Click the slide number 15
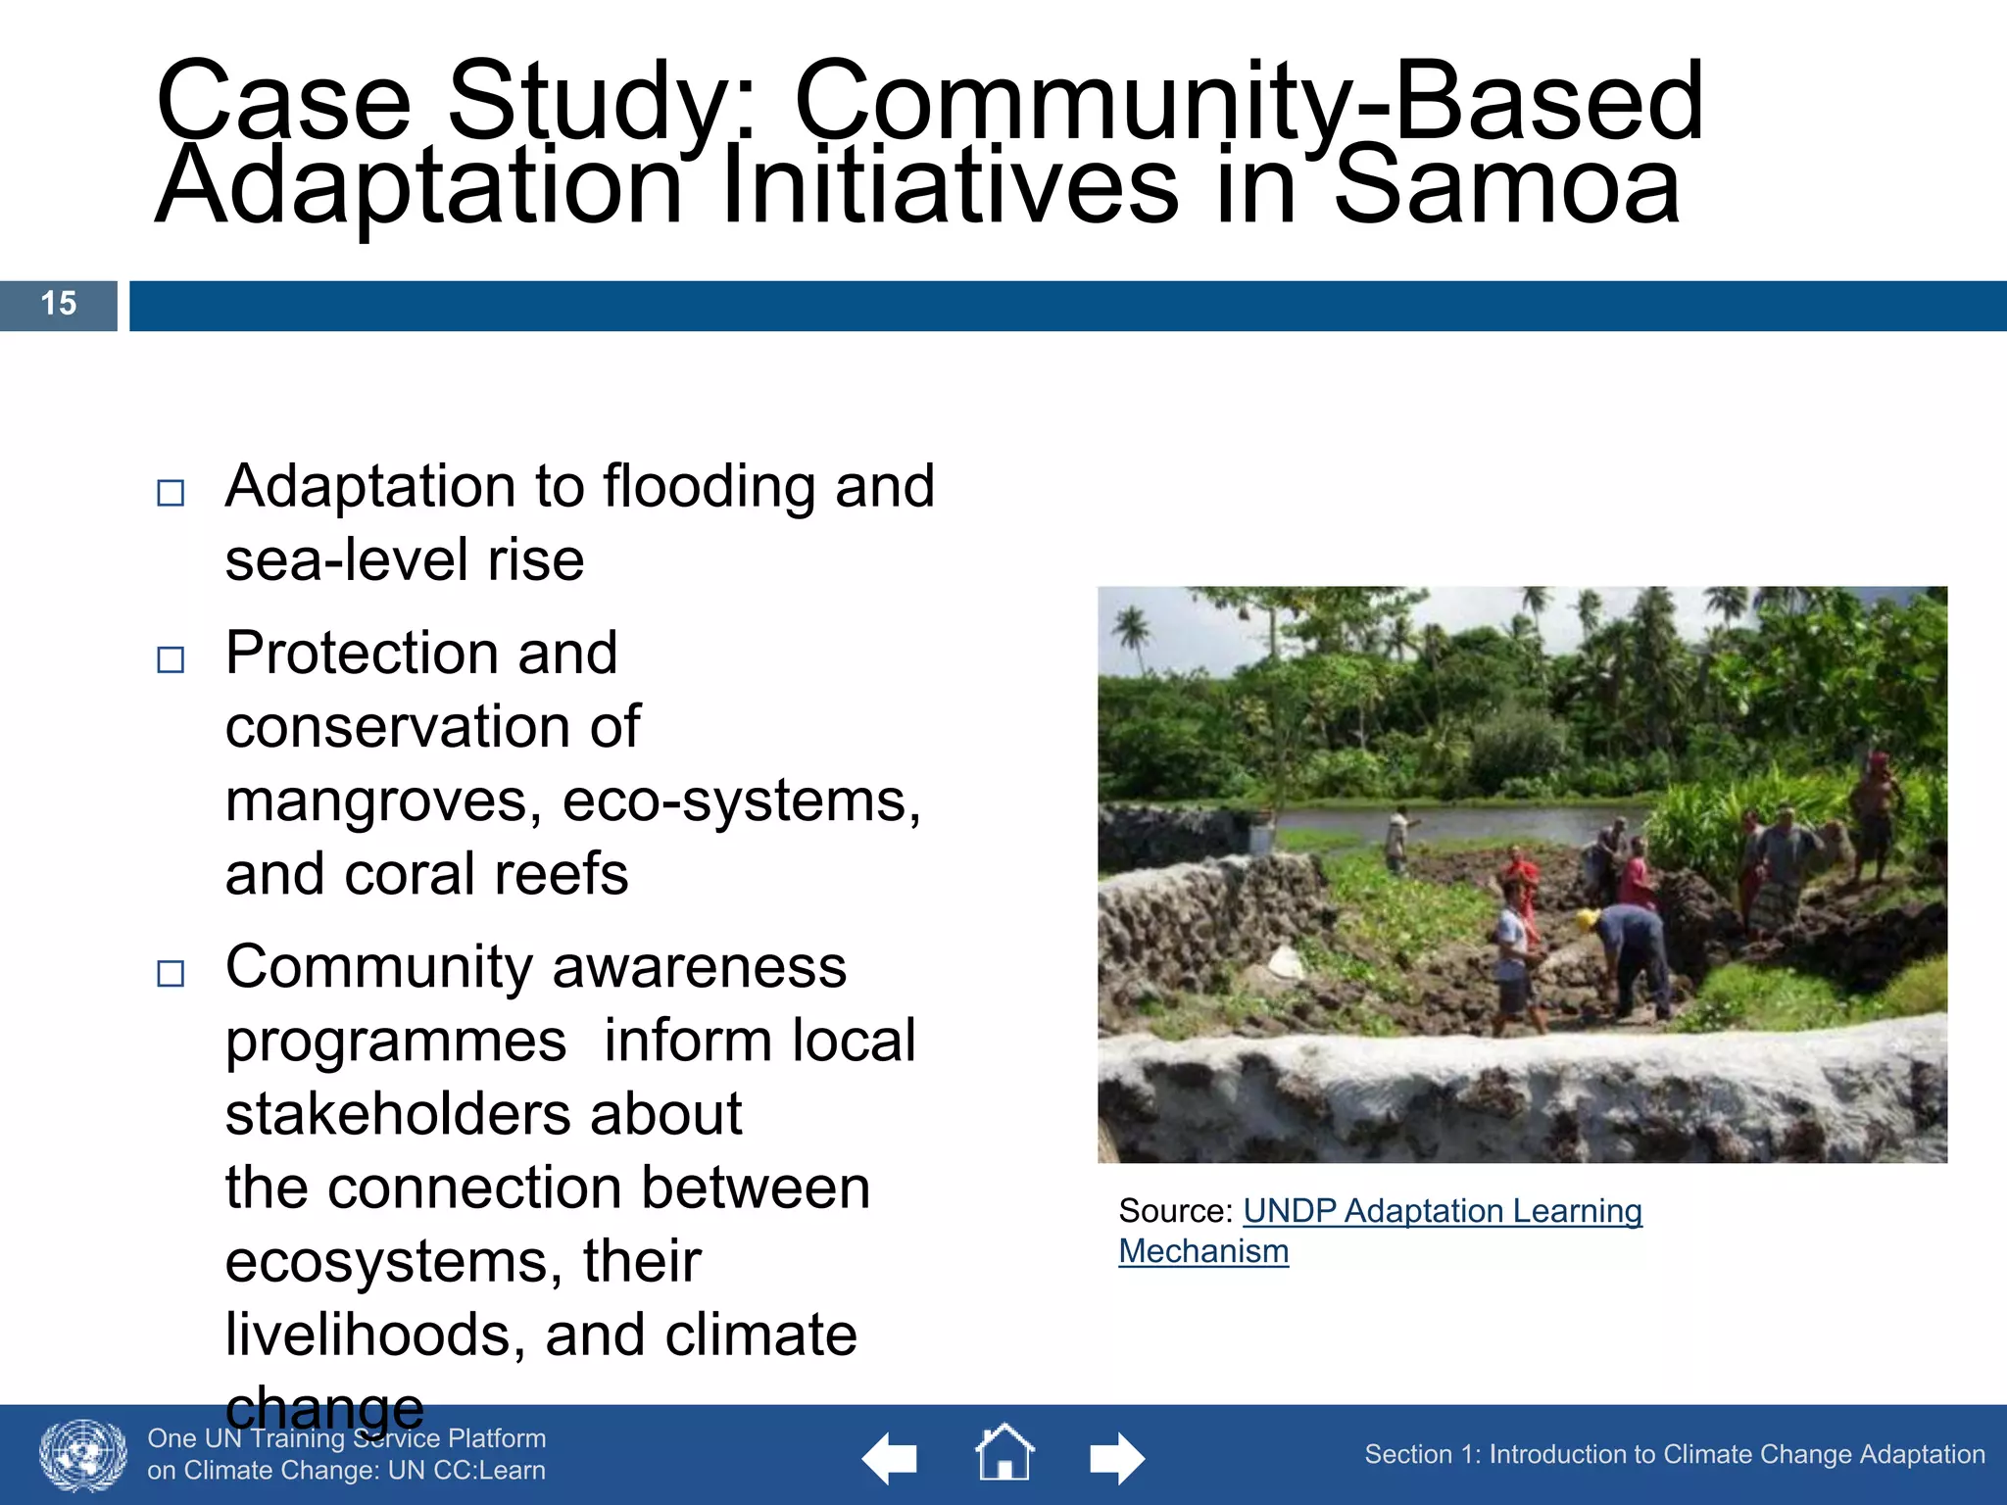click(59, 304)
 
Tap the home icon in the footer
click(1004, 1453)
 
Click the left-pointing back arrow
click(890, 1459)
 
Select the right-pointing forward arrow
click(1117, 1459)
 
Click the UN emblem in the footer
click(83, 1456)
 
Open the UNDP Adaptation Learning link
click(1442, 1212)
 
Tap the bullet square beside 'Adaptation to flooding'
click(171, 492)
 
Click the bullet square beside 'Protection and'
click(171, 659)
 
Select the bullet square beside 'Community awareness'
click(171, 973)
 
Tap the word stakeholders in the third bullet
click(483, 1115)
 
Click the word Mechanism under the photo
click(1203, 1252)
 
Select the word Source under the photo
click(1173, 1212)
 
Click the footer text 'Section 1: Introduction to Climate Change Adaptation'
click(1675, 1455)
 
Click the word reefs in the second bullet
click(561, 875)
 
